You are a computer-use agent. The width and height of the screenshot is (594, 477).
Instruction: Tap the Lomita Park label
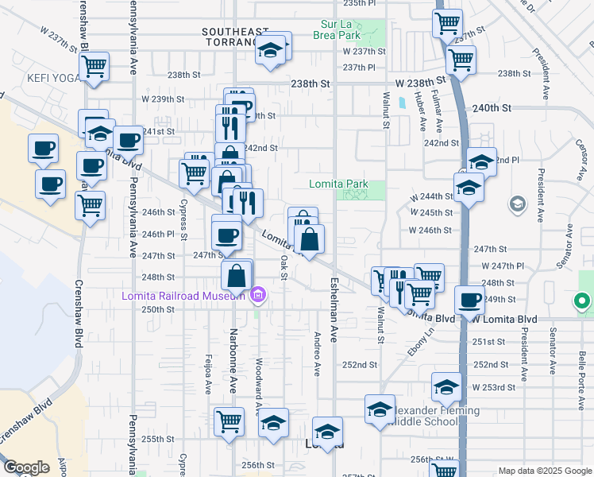(x=338, y=184)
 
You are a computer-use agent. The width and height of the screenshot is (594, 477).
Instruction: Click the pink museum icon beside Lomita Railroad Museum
(x=256, y=297)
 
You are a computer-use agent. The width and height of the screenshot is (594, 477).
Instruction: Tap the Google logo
(x=26, y=467)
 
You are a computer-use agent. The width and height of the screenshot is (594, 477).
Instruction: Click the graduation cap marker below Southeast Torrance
(x=270, y=49)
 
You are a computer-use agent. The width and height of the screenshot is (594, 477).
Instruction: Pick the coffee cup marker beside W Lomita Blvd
(x=470, y=301)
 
